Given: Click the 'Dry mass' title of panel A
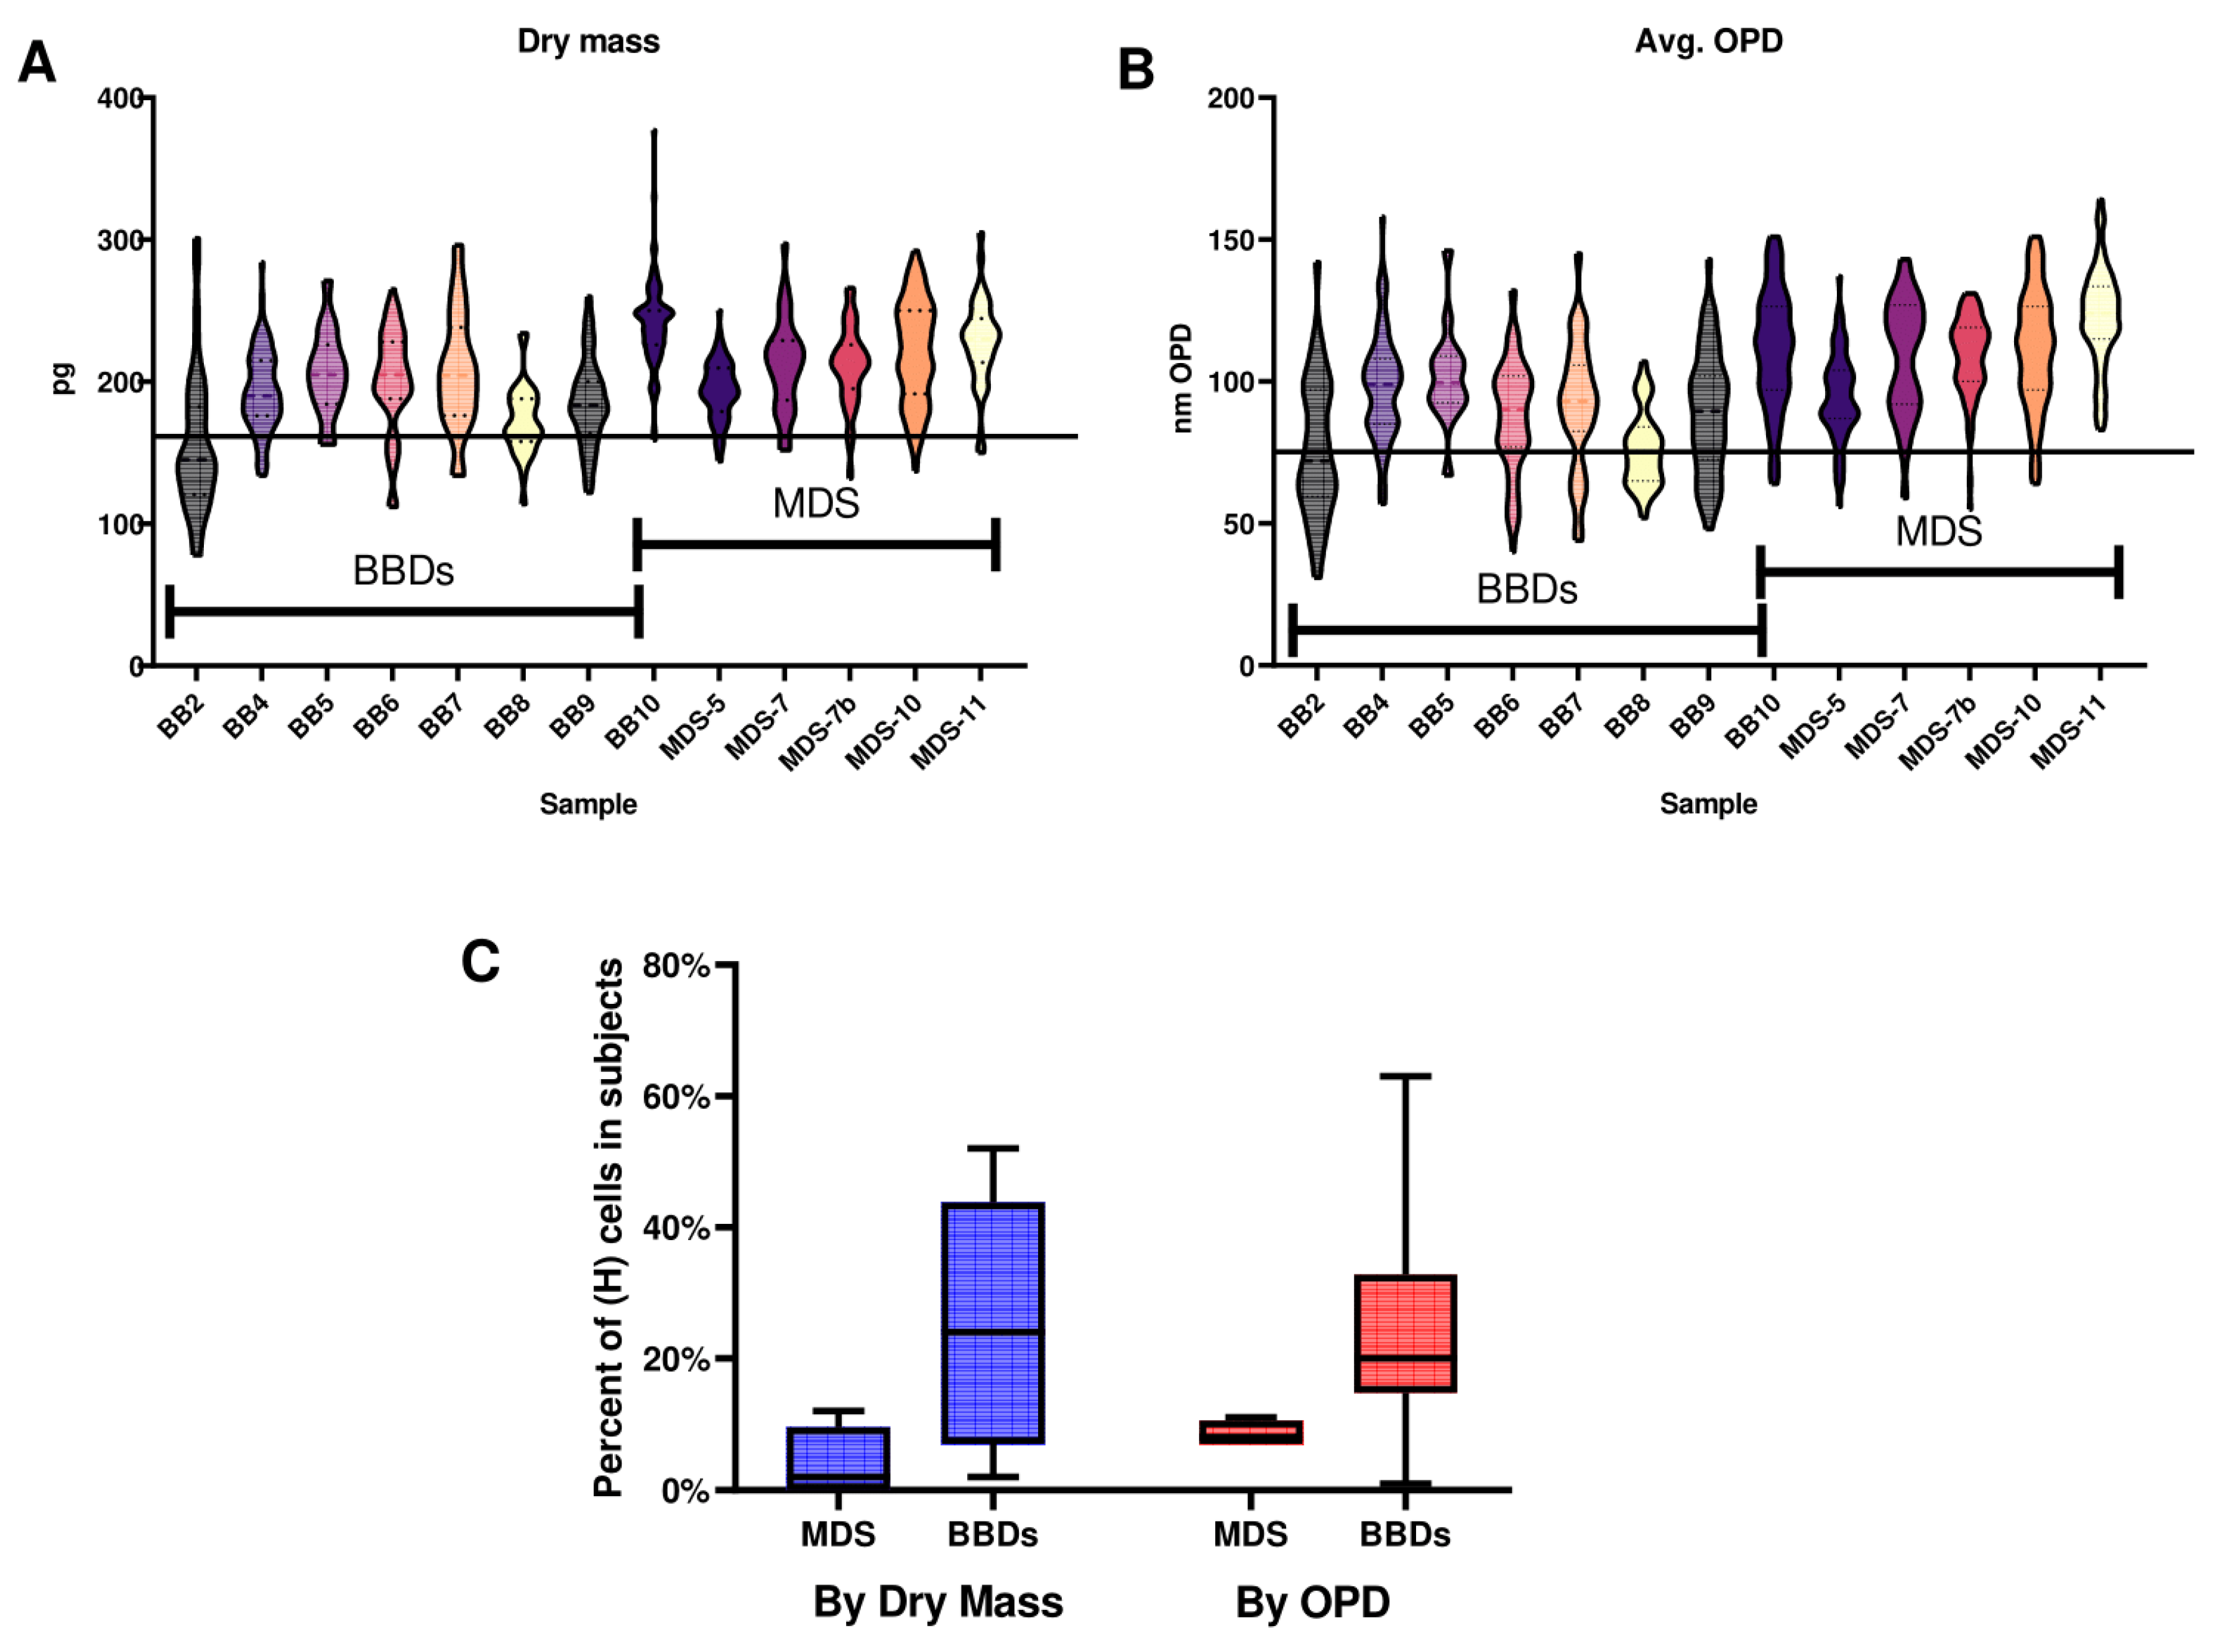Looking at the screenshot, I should click(x=588, y=42).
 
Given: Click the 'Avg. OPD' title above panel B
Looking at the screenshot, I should click(x=1708, y=42).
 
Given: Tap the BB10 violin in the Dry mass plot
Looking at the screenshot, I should click(x=653, y=314).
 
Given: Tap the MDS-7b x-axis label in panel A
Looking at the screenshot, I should click(x=817, y=735).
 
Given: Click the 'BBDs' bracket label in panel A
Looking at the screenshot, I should click(x=403, y=571).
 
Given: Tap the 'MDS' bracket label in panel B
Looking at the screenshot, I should click(x=1938, y=531).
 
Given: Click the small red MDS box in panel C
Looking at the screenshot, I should click(x=1251, y=1432).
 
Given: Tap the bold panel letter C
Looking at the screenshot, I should click(x=481, y=962).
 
